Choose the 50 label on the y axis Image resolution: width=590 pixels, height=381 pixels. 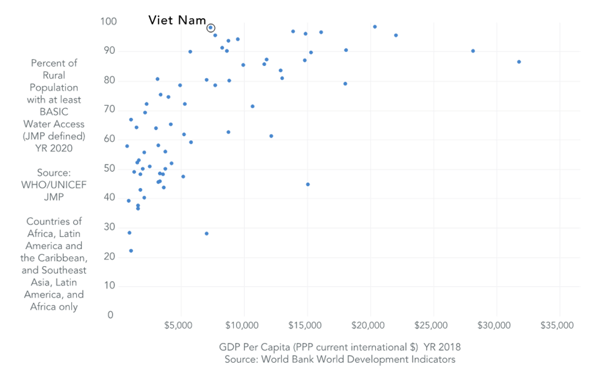(110, 168)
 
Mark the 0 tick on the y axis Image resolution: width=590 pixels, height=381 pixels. (111, 315)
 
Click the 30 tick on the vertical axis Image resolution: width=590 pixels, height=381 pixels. (110, 227)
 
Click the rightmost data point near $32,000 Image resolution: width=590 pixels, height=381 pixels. (519, 62)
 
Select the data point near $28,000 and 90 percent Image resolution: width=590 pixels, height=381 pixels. (473, 51)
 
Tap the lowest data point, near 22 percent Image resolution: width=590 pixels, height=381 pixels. (131, 250)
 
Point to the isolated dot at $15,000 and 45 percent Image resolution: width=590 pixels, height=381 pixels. (308, 184)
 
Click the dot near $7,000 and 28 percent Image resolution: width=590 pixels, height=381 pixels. (206, 233)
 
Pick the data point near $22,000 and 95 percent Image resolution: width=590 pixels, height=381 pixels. (396, 35)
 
